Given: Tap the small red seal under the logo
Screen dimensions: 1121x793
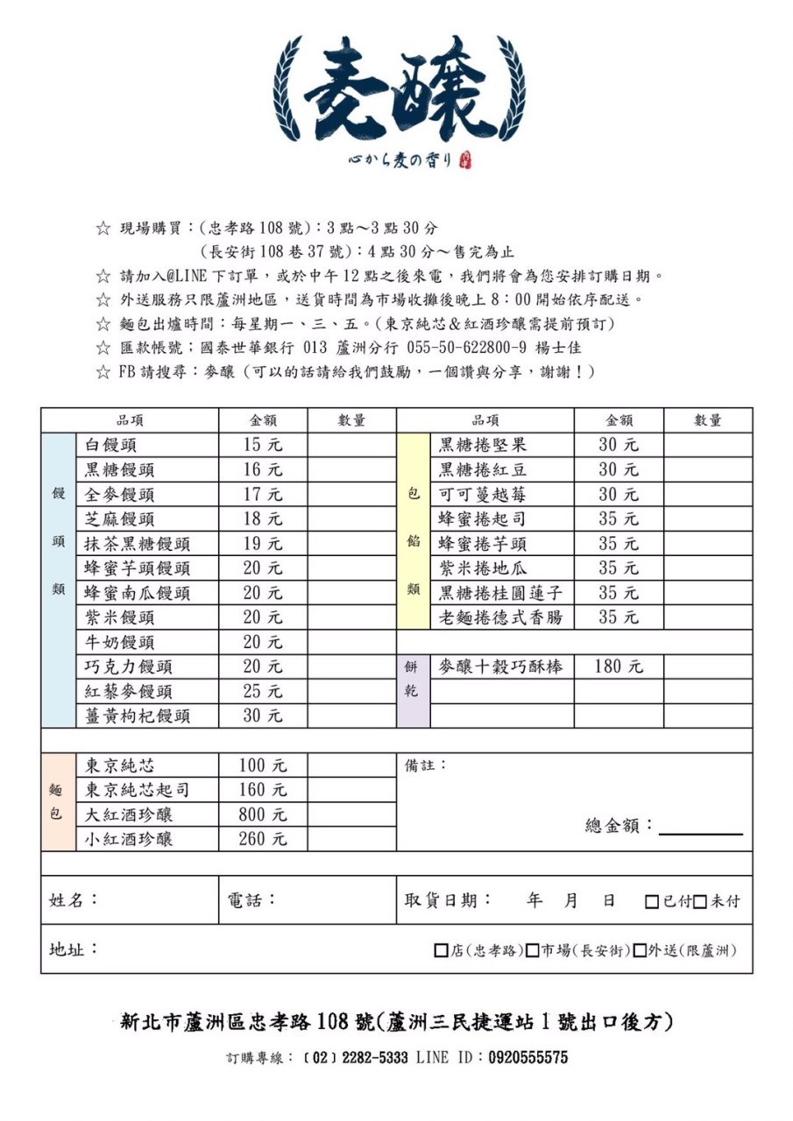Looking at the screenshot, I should [464, 160].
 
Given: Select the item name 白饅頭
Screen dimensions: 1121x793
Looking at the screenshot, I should [111, 446].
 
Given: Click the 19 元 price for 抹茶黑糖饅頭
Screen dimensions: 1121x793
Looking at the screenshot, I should [263, 544].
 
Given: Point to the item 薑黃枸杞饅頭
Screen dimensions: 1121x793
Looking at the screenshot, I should [138, 716].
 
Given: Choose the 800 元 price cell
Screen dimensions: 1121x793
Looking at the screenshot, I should [263, 814].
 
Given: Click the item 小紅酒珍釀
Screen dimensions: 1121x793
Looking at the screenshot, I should [129, 839].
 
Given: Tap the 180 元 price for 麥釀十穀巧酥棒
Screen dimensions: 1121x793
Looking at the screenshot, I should [619, 666].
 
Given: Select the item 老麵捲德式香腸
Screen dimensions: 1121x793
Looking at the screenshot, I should [500, 617].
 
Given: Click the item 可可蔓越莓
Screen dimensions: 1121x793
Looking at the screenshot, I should [483, 495].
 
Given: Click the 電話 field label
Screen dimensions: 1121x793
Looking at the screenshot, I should [251, 900].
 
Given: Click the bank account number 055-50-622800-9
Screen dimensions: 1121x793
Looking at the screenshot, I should [467, 348].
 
